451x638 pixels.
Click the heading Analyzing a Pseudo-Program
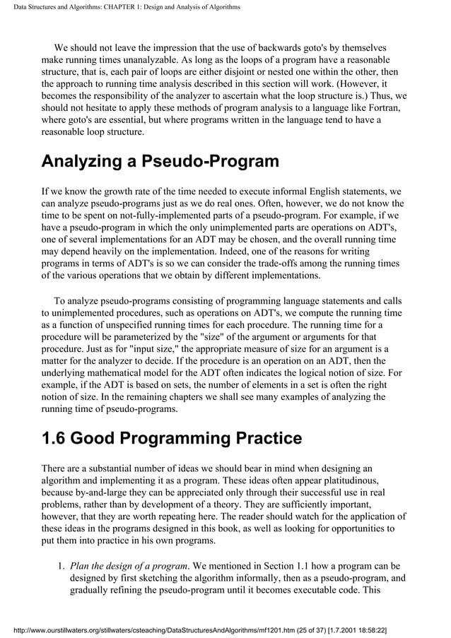click(160, 161)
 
